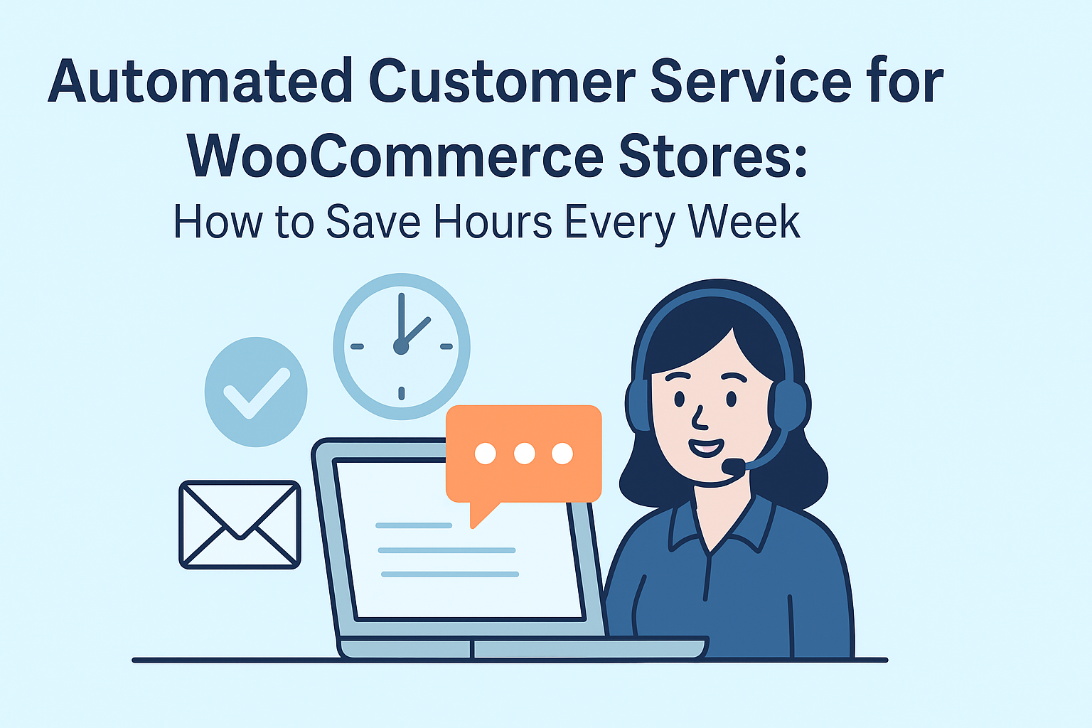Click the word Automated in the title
200,81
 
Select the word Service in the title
751,81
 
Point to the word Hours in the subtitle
493,222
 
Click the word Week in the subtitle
744,222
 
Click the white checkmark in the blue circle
257,393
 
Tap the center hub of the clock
401,347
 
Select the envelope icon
240,525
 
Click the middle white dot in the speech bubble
525,454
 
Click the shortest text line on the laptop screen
413,525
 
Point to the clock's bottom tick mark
401,393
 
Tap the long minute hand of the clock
401,319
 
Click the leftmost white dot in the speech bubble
485,454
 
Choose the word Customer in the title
502,81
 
